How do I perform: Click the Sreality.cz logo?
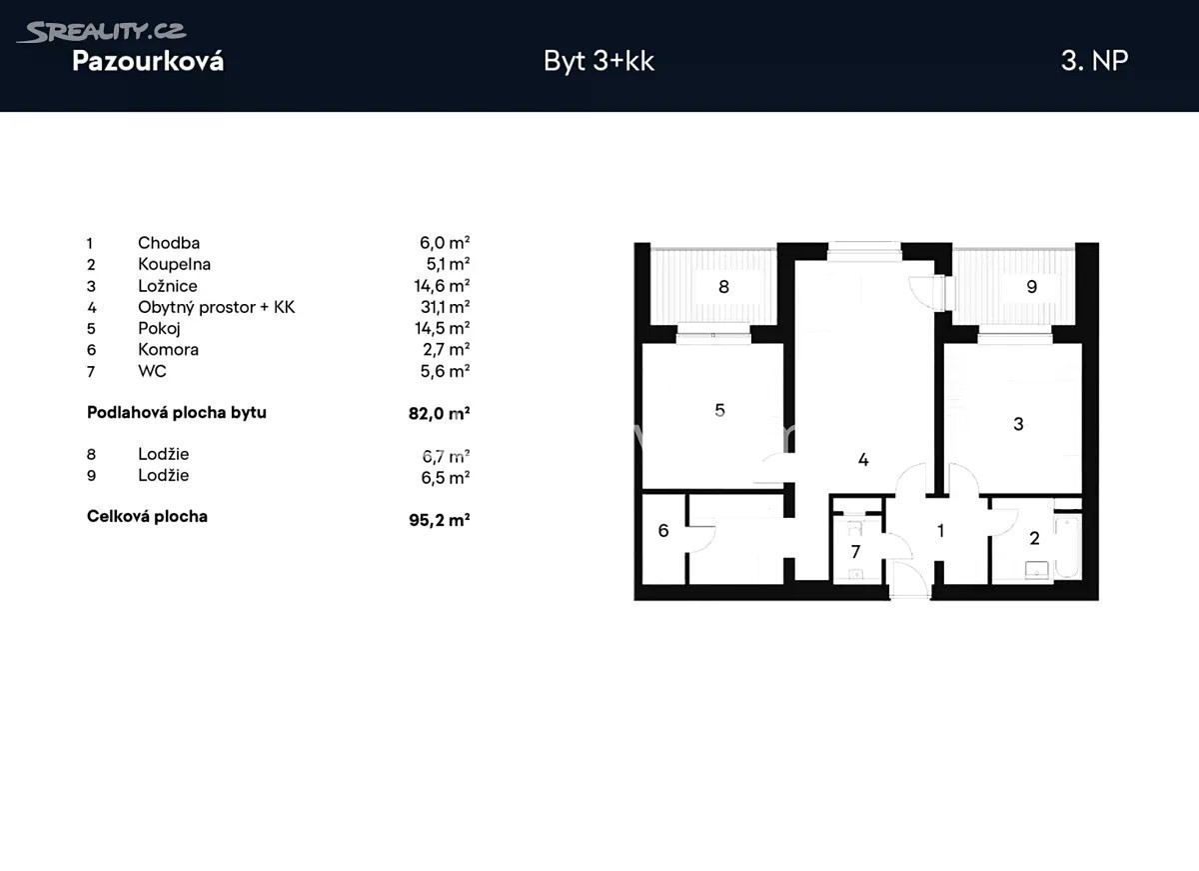(101, 32)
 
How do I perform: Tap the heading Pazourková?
(148, 61)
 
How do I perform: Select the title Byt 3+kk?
(599, 61)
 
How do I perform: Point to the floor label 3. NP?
(1095, 61)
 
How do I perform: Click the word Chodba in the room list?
(169, 243)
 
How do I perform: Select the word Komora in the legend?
(168, 349)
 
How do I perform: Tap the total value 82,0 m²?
(439, 413)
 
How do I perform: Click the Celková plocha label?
(147, 516)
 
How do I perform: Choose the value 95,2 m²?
(439, 520)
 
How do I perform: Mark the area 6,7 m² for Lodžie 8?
(446, 456)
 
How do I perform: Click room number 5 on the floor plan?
(720, 410)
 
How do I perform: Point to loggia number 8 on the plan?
(723, 287)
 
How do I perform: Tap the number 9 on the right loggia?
(1032, 287)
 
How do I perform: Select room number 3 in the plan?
(1018, 424)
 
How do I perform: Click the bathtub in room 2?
(1067, 547)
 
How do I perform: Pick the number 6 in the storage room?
(663, 530)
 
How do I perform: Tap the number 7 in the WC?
(856, 551)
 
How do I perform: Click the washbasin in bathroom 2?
(1037, 570)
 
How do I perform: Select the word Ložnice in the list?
(168, 286)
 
